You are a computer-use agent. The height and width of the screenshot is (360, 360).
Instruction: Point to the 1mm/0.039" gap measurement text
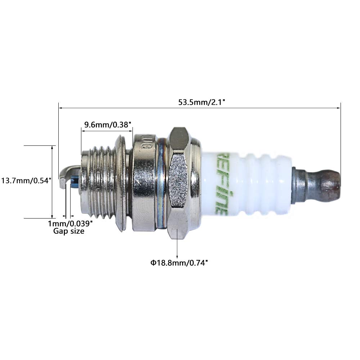click(71, 224)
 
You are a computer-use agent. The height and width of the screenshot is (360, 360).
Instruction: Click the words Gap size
click(69, 231)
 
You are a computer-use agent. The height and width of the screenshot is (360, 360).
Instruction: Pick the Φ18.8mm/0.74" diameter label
click(180, 263)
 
